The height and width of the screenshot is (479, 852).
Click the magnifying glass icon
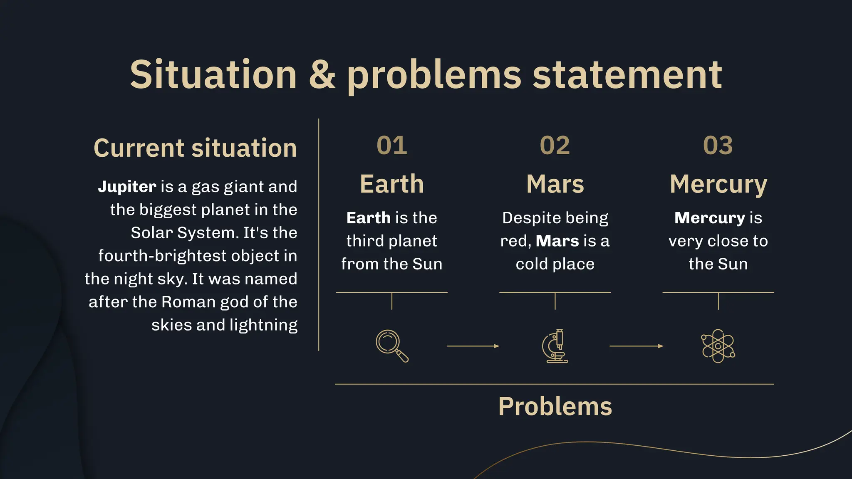(391, 346)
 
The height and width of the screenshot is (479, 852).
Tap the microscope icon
(555, 346)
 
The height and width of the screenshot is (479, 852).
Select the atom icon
(718, 346)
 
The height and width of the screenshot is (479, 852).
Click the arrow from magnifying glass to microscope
(473, 346)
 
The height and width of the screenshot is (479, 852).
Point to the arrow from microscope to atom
(636, 346)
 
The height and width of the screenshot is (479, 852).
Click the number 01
(391, 146)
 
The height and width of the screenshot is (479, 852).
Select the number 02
(555, 146)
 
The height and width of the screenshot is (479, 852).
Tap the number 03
(718, 146)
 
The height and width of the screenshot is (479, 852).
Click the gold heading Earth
(391, 184)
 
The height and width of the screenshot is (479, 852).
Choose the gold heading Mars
(555, 184)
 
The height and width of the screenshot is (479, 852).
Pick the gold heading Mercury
(718, 185)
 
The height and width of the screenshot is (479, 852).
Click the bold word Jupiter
(127, 187)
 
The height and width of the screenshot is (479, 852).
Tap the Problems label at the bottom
(555, 406)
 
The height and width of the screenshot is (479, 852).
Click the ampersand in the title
(322, 74)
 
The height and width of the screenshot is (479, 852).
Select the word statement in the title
(627, 75)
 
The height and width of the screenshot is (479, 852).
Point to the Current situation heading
(195, 148)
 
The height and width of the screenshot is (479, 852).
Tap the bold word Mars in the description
(557, 241)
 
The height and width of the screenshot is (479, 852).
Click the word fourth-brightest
(162, 256)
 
